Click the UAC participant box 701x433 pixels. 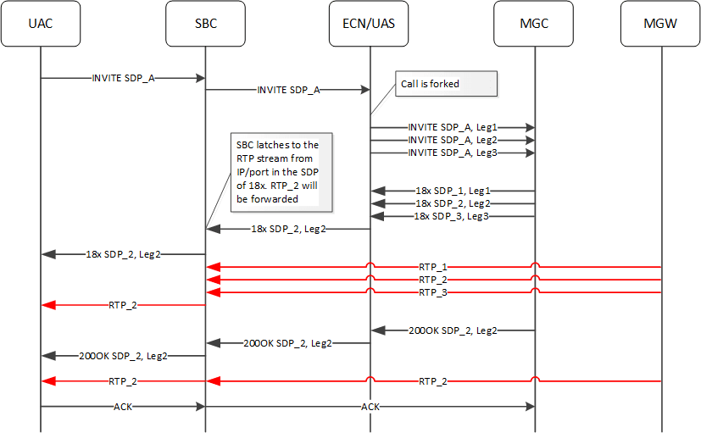[x=40, y=24]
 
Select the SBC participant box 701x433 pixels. [x=205, y=24]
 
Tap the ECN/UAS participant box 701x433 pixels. [x=370, y=24]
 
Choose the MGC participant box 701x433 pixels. [x=534, y=24]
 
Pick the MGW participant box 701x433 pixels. [x=660, y=24]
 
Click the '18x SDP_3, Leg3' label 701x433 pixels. [x=452, y=216]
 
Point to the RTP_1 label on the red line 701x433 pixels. [x=433, y=266]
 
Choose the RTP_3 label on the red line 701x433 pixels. [x=433, y=291]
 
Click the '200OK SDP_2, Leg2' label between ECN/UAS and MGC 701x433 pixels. [x=453, y=330]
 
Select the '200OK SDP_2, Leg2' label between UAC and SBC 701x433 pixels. [x=123, y=356]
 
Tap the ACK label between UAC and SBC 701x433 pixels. [x=123, y=407]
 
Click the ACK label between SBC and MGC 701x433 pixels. [x=370, y=407]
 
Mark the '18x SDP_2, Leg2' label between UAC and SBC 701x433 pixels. [x=124, y=253]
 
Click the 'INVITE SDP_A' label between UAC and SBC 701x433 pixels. [x=123, y=78]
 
